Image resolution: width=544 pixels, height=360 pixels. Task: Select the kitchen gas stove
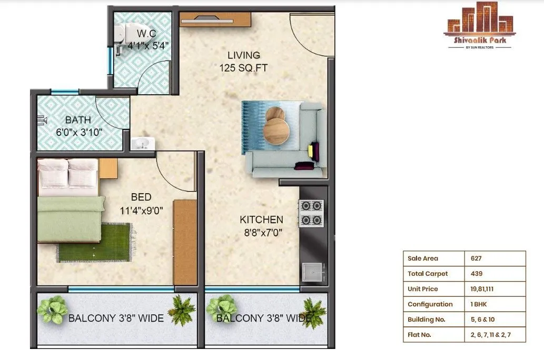(311, 213)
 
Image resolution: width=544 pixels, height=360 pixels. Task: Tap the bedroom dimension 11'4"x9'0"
(141, 211)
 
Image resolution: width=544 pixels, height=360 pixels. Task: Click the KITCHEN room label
(261, 219)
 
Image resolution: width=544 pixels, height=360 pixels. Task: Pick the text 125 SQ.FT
(243, 67)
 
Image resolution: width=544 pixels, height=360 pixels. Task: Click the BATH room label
(78, 120)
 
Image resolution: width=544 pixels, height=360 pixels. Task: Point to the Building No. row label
(426, 319)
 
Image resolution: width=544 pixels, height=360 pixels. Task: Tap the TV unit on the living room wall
(215, 20)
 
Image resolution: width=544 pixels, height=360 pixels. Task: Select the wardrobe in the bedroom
(185, 242)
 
